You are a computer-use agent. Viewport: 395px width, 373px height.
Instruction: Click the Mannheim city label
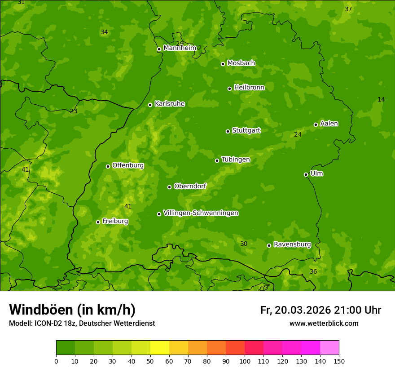(x=180, y=48)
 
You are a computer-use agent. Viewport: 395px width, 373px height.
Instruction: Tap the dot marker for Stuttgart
(x=228, y=131)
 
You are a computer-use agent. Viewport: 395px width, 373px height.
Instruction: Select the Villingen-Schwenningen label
(x=201, y=213)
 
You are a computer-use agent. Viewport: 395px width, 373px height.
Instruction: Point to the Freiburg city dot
(x=98, y=222)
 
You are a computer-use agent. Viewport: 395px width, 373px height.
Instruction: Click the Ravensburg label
(x=292, y=244)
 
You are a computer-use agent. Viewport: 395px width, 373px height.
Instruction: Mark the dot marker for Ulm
(x=306, y=174)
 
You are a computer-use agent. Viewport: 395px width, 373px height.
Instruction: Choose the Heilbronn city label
(x=249, y=88)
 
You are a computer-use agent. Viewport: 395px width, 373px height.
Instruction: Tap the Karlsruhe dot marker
(x=150, y=105)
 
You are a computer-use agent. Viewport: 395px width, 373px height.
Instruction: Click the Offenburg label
(x=128, y=165)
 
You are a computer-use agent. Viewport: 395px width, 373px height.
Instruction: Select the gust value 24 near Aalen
(x=298, y=134)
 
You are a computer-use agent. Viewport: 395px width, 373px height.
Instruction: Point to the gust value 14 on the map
(x=381, y=99)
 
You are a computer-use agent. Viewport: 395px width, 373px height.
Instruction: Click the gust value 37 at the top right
(x=348, y=9)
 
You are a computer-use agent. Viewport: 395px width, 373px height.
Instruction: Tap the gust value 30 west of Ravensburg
(x=244, y=244)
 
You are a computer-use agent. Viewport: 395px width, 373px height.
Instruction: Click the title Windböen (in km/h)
(x=72, y=310)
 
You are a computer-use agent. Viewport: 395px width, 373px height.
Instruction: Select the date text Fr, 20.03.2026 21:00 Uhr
(x=320, y=310)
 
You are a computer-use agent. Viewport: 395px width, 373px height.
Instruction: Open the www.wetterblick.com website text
(x=324, y=323)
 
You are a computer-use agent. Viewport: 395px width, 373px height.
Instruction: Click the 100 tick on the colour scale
(x=245, y=361)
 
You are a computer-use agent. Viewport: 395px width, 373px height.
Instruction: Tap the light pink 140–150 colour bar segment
(x=329, y=348)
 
